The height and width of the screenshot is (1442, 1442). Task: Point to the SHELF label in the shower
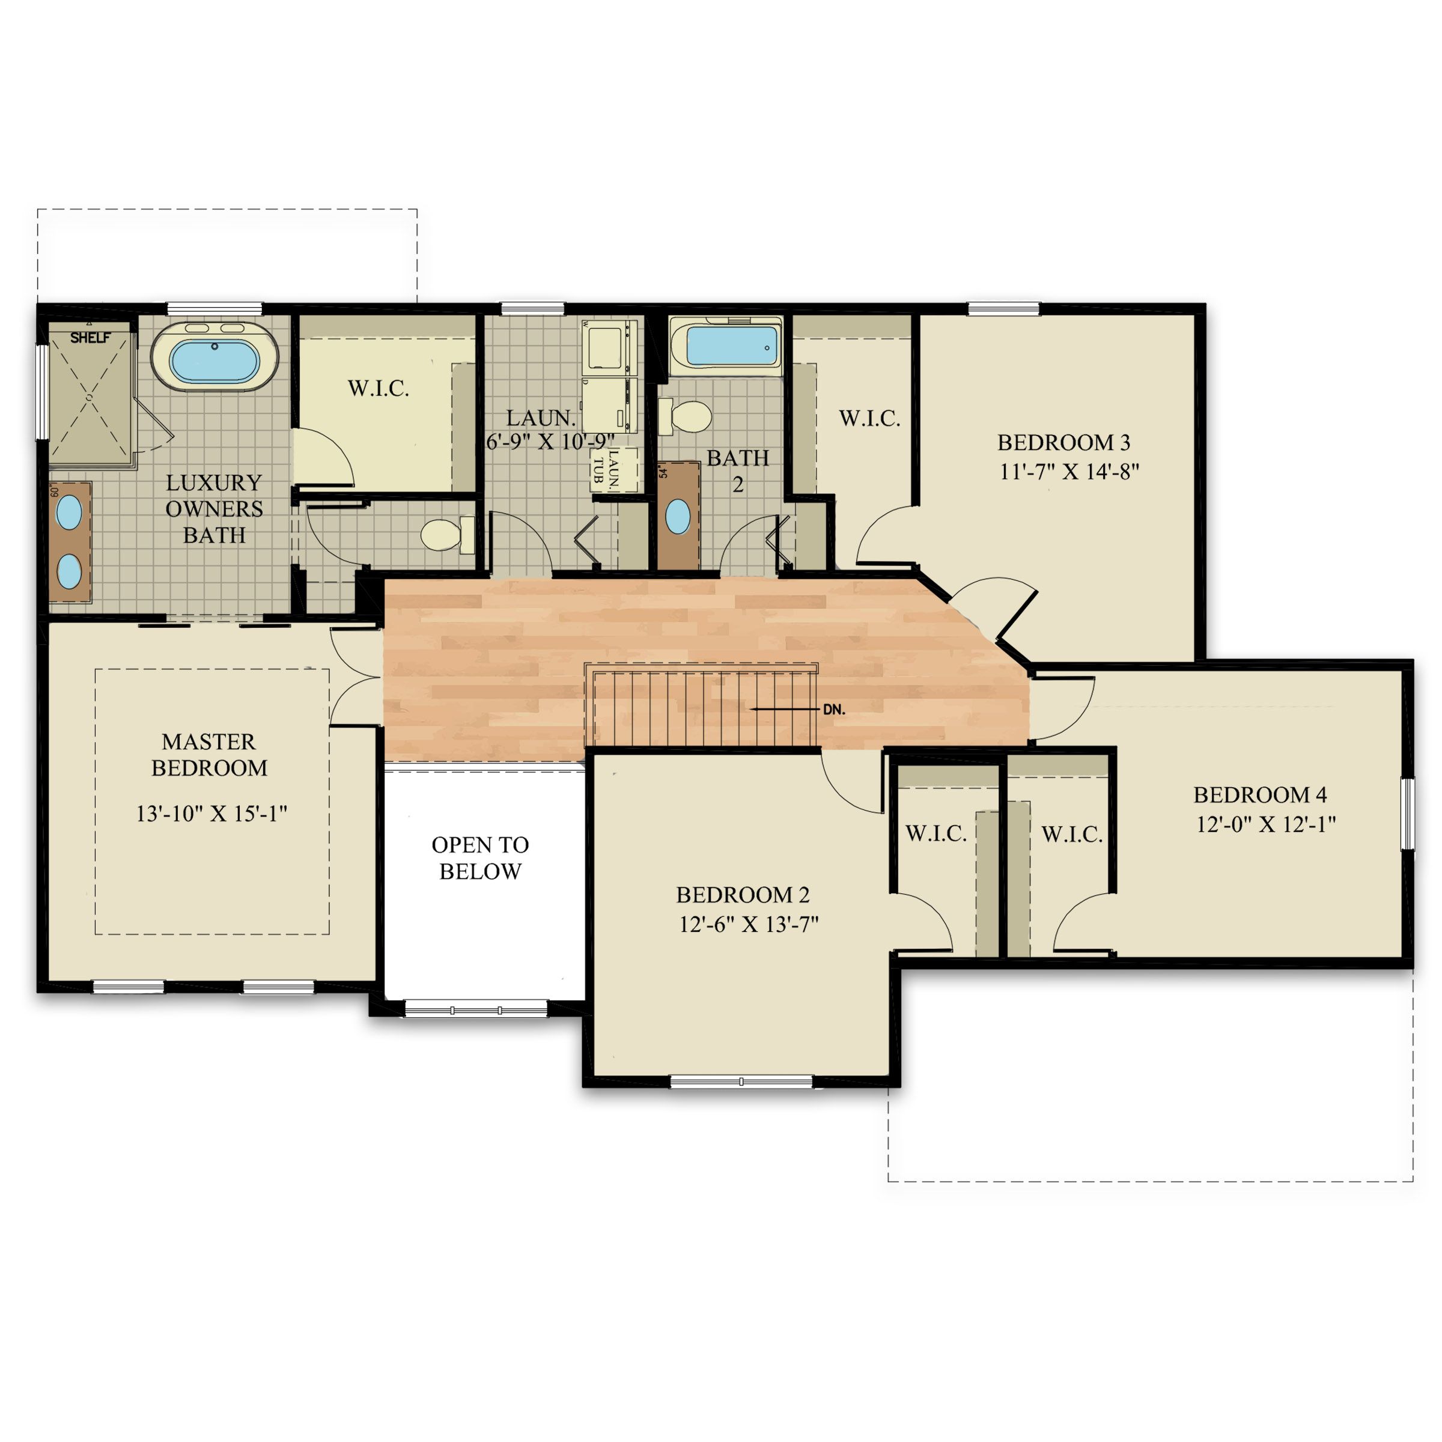(x=90, y=337)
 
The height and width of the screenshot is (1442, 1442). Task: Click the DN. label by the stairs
(x=834, y=710)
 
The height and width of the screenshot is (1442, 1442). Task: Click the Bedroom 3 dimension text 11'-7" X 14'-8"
(x=1069, y=472)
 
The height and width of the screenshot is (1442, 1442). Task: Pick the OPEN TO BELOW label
(x=480, y=857)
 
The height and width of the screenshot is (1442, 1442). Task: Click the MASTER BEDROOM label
(x=209, y=755)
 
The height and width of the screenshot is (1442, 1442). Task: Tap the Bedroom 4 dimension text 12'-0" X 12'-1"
(x=1266, y=824)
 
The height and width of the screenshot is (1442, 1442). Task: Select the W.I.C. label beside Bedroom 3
(x=869, y=418)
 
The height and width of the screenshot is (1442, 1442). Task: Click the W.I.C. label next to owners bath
(x=378, y=388)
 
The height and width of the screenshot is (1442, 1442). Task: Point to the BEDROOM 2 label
(x=742, y=894)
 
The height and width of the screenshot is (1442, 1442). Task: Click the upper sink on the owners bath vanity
(x=70, y=513)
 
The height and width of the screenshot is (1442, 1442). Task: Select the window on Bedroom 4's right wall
(x=1407, y=813)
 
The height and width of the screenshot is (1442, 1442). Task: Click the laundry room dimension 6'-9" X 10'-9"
(x=550, y=442)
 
